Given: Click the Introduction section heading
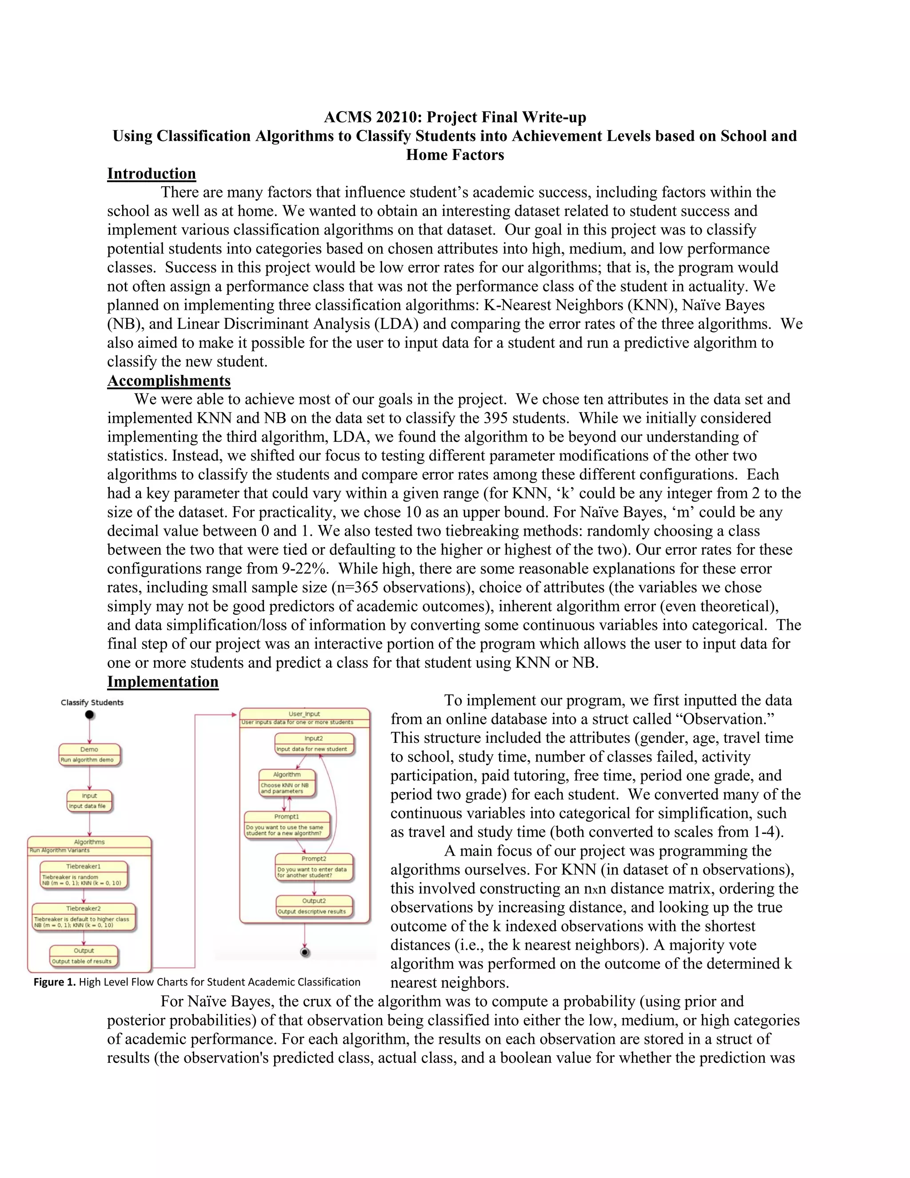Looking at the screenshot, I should click(152, 174).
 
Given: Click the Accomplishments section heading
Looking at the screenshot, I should click(169, 381).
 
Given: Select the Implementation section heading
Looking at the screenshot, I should click(163, 682).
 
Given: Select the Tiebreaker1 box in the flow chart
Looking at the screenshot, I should click(84, 874).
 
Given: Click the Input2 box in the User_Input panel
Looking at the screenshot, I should click(314, 743).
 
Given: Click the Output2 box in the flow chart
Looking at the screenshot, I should click(314, 906).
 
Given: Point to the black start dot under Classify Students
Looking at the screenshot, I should click(89, 715).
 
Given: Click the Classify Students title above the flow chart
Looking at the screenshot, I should click(92, 702).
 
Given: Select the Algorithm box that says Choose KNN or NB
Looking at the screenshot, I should click(287, 783).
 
